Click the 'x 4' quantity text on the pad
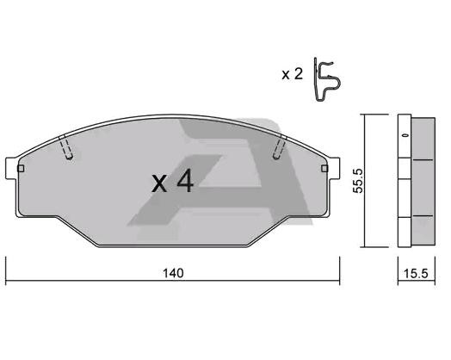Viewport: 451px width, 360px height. point(171,183)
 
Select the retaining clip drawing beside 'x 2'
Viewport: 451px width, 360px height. point(326,84)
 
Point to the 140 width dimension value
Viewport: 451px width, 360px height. point(175,273)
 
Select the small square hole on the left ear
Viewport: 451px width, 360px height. point(19,171)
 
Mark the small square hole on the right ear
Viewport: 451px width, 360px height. point(327,171)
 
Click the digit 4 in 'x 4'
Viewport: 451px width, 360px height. point(183,183)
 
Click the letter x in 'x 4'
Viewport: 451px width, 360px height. point(158,185)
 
